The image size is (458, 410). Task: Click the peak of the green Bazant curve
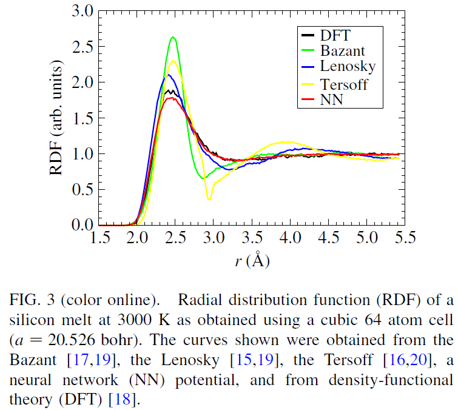tap(173, 38)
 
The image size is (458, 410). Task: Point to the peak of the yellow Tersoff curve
tap(173, 60)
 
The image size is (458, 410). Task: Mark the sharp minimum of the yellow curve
tap(209, 199)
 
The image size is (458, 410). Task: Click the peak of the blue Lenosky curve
tap(169, 75)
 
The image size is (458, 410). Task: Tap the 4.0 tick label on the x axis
tap(290, 238)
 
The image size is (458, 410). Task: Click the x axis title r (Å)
tap(251, 261)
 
